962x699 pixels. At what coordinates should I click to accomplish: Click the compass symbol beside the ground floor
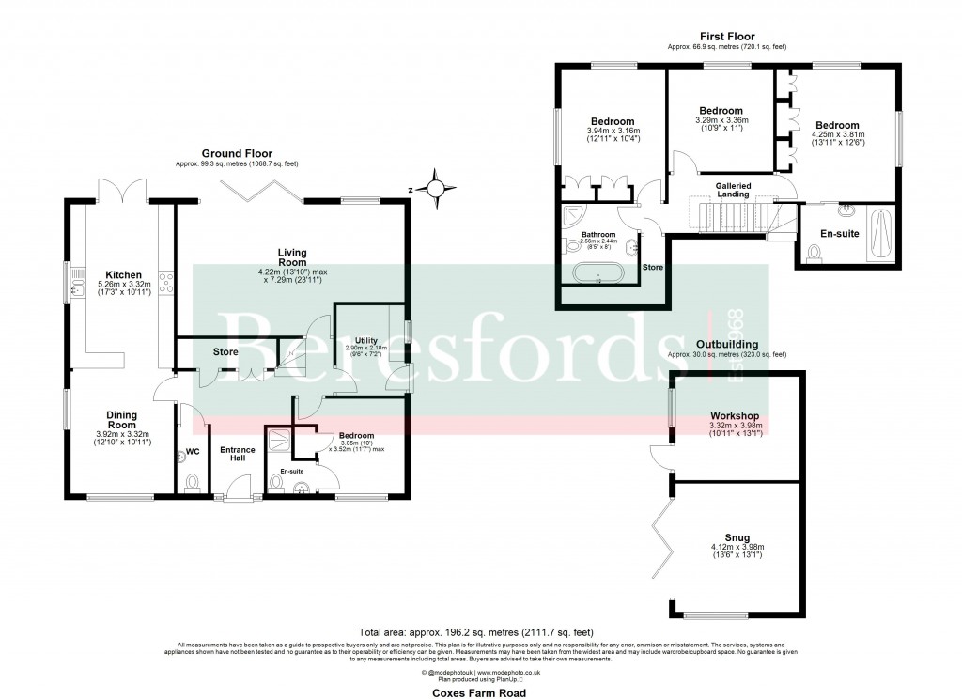[x=435, y=189]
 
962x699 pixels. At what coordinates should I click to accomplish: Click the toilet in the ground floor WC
[x=193, y=483]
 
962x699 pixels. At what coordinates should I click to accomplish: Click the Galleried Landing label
[x=733, y=191]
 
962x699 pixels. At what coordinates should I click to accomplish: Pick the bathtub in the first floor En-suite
[x=879, y=233]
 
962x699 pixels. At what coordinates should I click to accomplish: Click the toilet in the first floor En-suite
[x=814, y=252]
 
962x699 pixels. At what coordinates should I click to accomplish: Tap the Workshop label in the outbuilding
[x=735, y=415]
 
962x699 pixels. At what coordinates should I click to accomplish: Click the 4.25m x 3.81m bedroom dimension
[x=838, y=134]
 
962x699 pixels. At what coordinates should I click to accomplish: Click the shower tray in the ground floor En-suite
[x=279, y=440]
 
